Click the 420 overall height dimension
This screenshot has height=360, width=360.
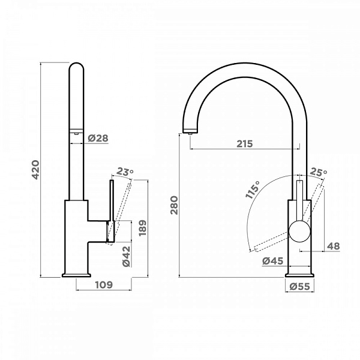click(35, 170)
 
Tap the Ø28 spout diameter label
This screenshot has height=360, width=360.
click(98, 139)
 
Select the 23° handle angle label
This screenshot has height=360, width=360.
click(125, 172)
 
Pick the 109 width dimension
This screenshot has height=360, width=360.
click(104, 286)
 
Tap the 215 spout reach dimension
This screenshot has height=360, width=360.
click(244, 143)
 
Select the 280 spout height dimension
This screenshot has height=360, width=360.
click(175, 206)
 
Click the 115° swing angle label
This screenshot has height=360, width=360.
click(252, 191)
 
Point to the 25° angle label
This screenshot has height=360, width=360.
click(319, 173)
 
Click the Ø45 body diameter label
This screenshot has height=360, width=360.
click(273, 260)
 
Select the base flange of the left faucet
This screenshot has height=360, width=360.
click(77, 275)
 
